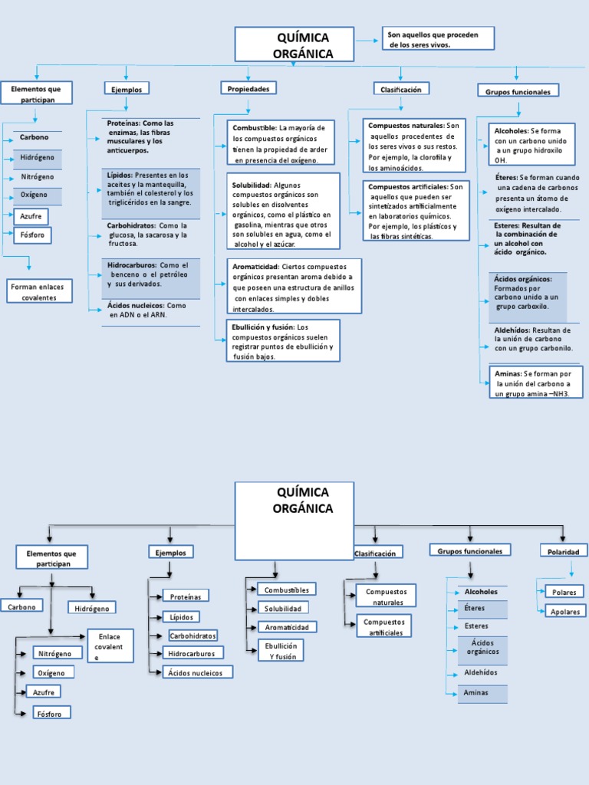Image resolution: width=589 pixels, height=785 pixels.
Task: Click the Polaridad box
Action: click(x=564, y=550)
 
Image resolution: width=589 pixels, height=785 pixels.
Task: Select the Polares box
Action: click(x=564, y=591)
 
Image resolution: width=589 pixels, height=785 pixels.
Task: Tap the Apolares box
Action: click(x=564, y=611)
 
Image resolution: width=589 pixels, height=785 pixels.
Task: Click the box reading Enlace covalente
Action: click(x=110, y=647)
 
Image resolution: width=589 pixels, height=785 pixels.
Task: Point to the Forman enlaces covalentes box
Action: click(x=39, y=291)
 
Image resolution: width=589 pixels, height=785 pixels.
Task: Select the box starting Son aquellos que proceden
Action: click(x=438, y=39)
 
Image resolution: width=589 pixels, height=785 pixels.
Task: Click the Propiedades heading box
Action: click(x=248, y=89)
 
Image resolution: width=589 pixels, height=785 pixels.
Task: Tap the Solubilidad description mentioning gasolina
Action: click(x=283, y=211)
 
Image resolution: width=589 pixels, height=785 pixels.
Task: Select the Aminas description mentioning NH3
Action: click(x=535, y=383)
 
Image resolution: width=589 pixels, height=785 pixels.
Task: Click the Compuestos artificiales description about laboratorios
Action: click(x=416, y=211)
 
